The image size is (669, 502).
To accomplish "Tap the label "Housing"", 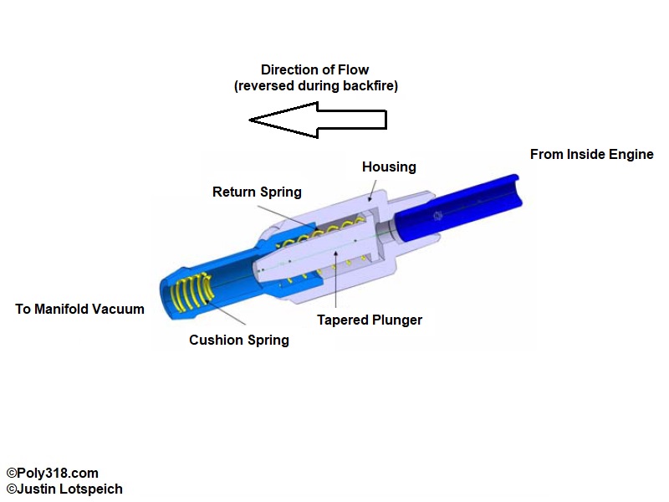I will [389, 167].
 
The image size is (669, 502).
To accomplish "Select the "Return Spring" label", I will [257, 192].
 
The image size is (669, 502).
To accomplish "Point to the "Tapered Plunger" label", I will [370, 320].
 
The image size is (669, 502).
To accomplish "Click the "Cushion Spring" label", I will [239, 340].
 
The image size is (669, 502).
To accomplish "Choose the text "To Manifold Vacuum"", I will [79, 310].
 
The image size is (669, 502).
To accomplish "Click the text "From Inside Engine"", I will [592, 154].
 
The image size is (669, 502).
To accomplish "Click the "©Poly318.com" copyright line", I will [51, 474].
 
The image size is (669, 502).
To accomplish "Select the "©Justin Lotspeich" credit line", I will [64, 489].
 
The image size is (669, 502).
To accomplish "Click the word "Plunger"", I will [397, 320].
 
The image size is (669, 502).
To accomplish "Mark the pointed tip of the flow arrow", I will [252, 120].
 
